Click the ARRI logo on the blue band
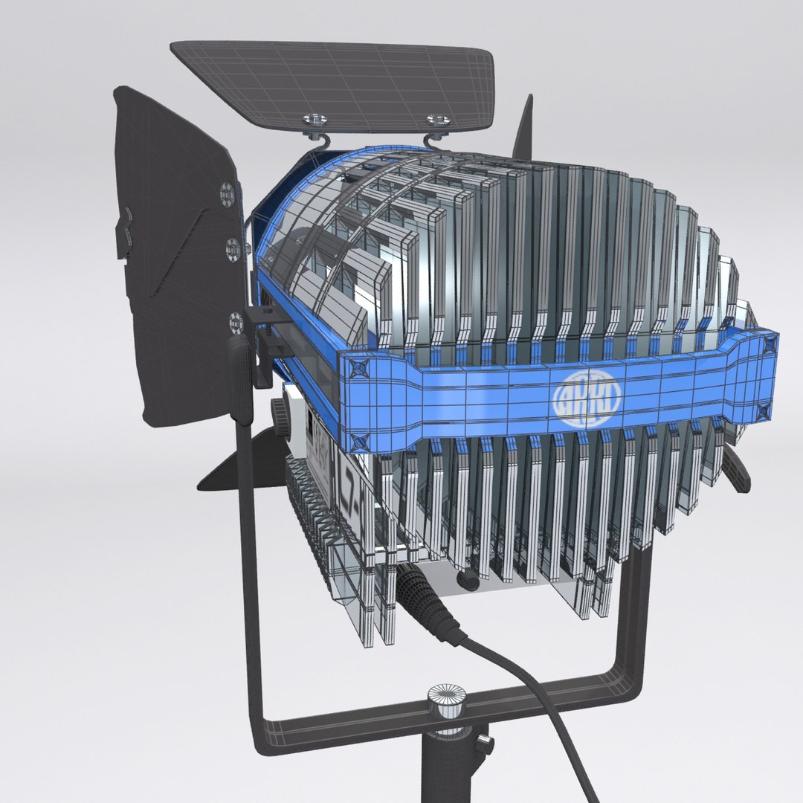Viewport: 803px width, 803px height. (587, 401)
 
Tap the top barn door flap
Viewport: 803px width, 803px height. (335, 82)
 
